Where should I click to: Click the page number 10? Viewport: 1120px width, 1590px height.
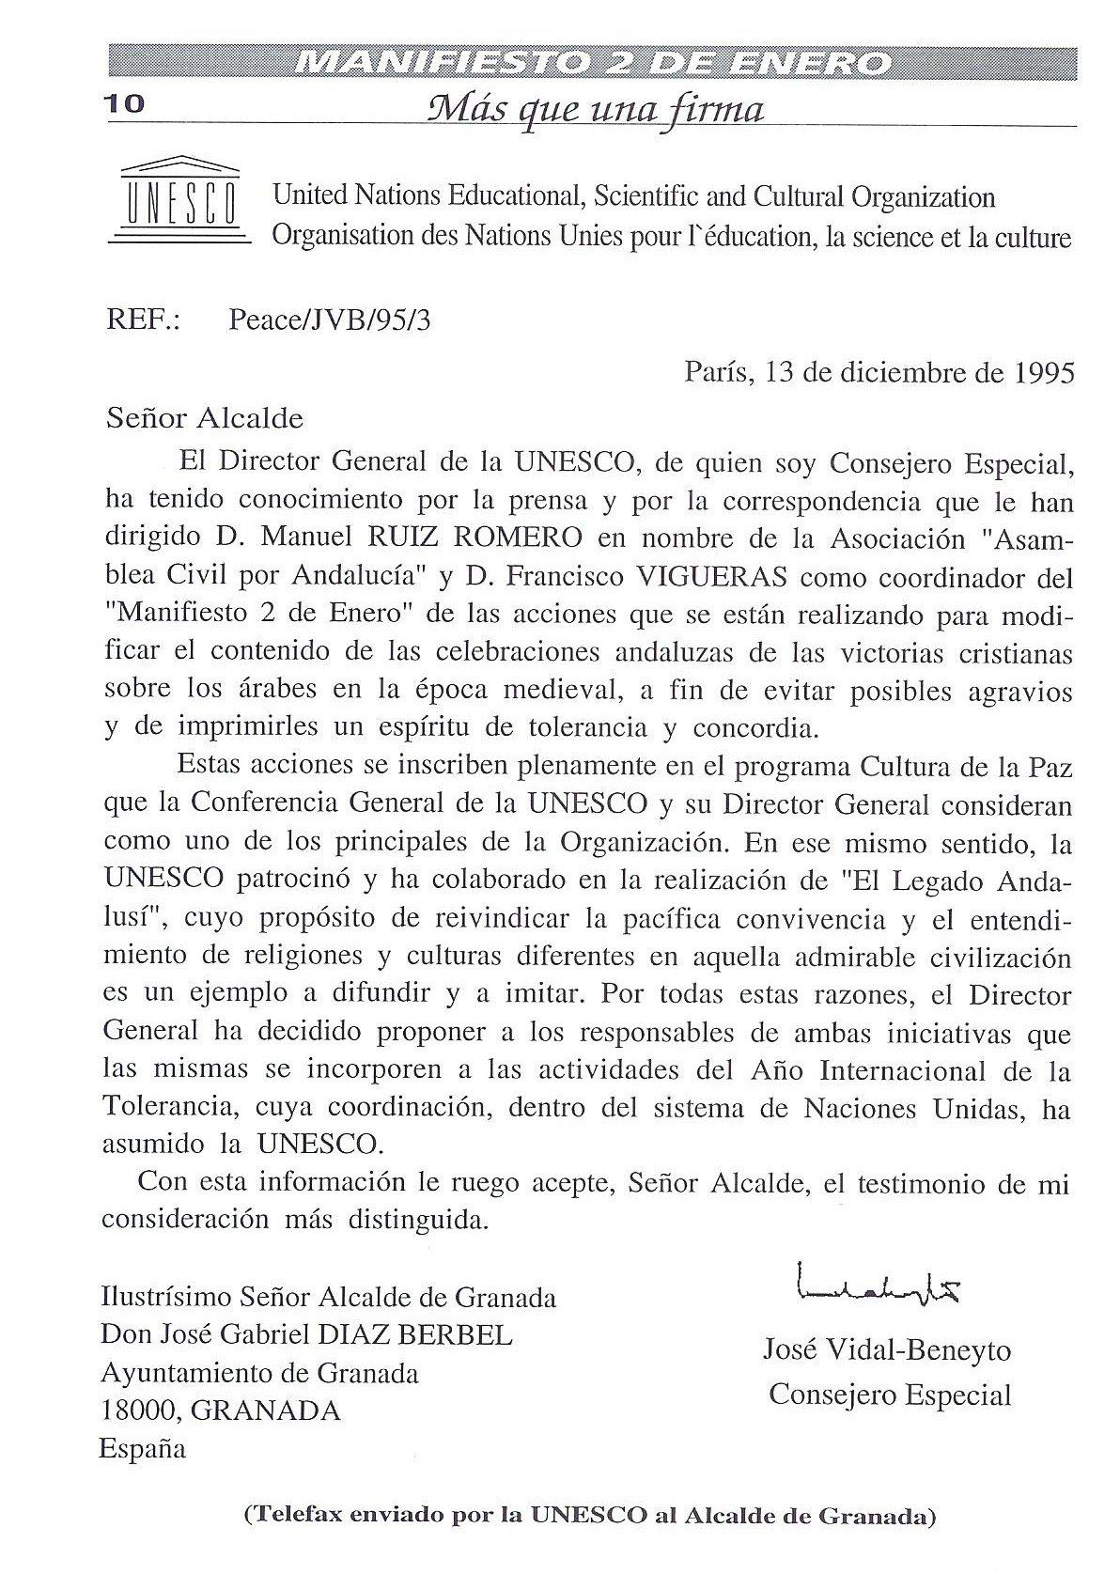125,104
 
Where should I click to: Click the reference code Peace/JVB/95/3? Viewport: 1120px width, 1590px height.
330,321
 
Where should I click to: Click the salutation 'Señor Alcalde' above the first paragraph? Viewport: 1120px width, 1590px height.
204,417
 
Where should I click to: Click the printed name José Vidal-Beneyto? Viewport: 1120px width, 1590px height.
887,1351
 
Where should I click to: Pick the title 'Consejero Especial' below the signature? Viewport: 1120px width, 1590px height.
889,1395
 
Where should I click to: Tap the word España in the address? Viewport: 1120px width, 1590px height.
143,1448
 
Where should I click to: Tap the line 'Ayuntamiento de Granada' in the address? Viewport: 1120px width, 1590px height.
260,1373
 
